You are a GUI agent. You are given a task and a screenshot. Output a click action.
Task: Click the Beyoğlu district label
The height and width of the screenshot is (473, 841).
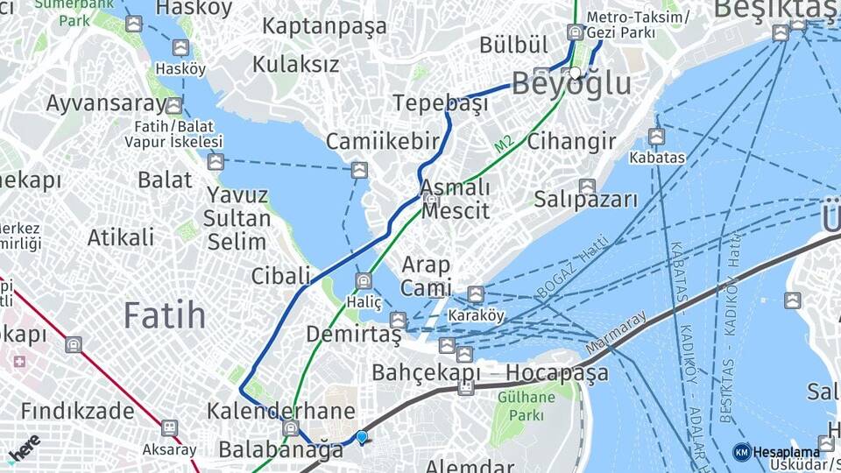pos(570,84)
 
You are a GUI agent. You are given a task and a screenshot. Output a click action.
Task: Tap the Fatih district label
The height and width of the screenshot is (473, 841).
pos(165,314)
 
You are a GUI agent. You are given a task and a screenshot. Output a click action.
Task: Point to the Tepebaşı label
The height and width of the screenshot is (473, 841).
pos(440,103)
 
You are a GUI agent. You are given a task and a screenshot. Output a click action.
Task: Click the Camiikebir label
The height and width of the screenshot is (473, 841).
pos(382,142)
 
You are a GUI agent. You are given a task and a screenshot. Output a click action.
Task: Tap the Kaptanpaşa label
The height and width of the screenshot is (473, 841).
pos(324,26)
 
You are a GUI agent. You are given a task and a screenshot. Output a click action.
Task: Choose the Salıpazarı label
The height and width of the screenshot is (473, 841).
pos(587,200)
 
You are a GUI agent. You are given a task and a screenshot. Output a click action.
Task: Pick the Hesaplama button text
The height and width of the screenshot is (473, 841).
pos(787,452)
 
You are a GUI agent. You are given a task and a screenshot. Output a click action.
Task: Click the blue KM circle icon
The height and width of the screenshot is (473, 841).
pos(741,452)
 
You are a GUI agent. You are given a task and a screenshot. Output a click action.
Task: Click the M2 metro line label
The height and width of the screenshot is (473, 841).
pos(503,145)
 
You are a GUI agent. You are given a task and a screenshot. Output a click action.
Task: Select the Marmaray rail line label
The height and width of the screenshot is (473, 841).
pos(616,334)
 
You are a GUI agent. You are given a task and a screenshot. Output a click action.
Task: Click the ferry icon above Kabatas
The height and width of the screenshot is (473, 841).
pos(656,137)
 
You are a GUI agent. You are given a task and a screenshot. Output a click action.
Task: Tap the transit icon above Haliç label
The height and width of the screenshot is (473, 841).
pos(364,280)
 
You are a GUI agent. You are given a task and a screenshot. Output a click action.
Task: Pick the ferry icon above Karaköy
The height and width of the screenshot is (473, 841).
pos(476,294)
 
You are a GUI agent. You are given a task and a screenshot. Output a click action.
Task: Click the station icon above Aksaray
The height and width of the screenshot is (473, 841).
pos(169,427)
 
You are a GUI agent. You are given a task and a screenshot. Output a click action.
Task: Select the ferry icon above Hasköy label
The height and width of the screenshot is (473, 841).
pos(180,48)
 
